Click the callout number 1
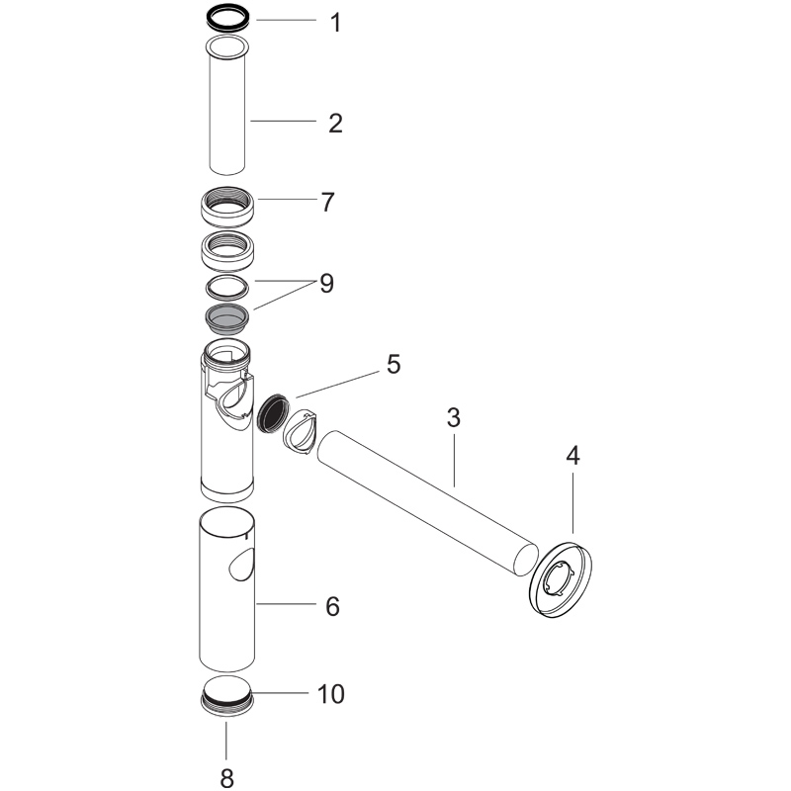(x=335, y=23)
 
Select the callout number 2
(x=335, y=124)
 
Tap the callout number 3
(x=454, y=418)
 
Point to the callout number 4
(x=572, y=456)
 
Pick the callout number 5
(x=394, y=364)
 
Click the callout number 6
(x=332, y=606)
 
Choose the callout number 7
(x=328, y=203)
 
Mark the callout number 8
(x=227, y=777)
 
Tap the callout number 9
(x=327, y=284)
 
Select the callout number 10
(x=331, y=694)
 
